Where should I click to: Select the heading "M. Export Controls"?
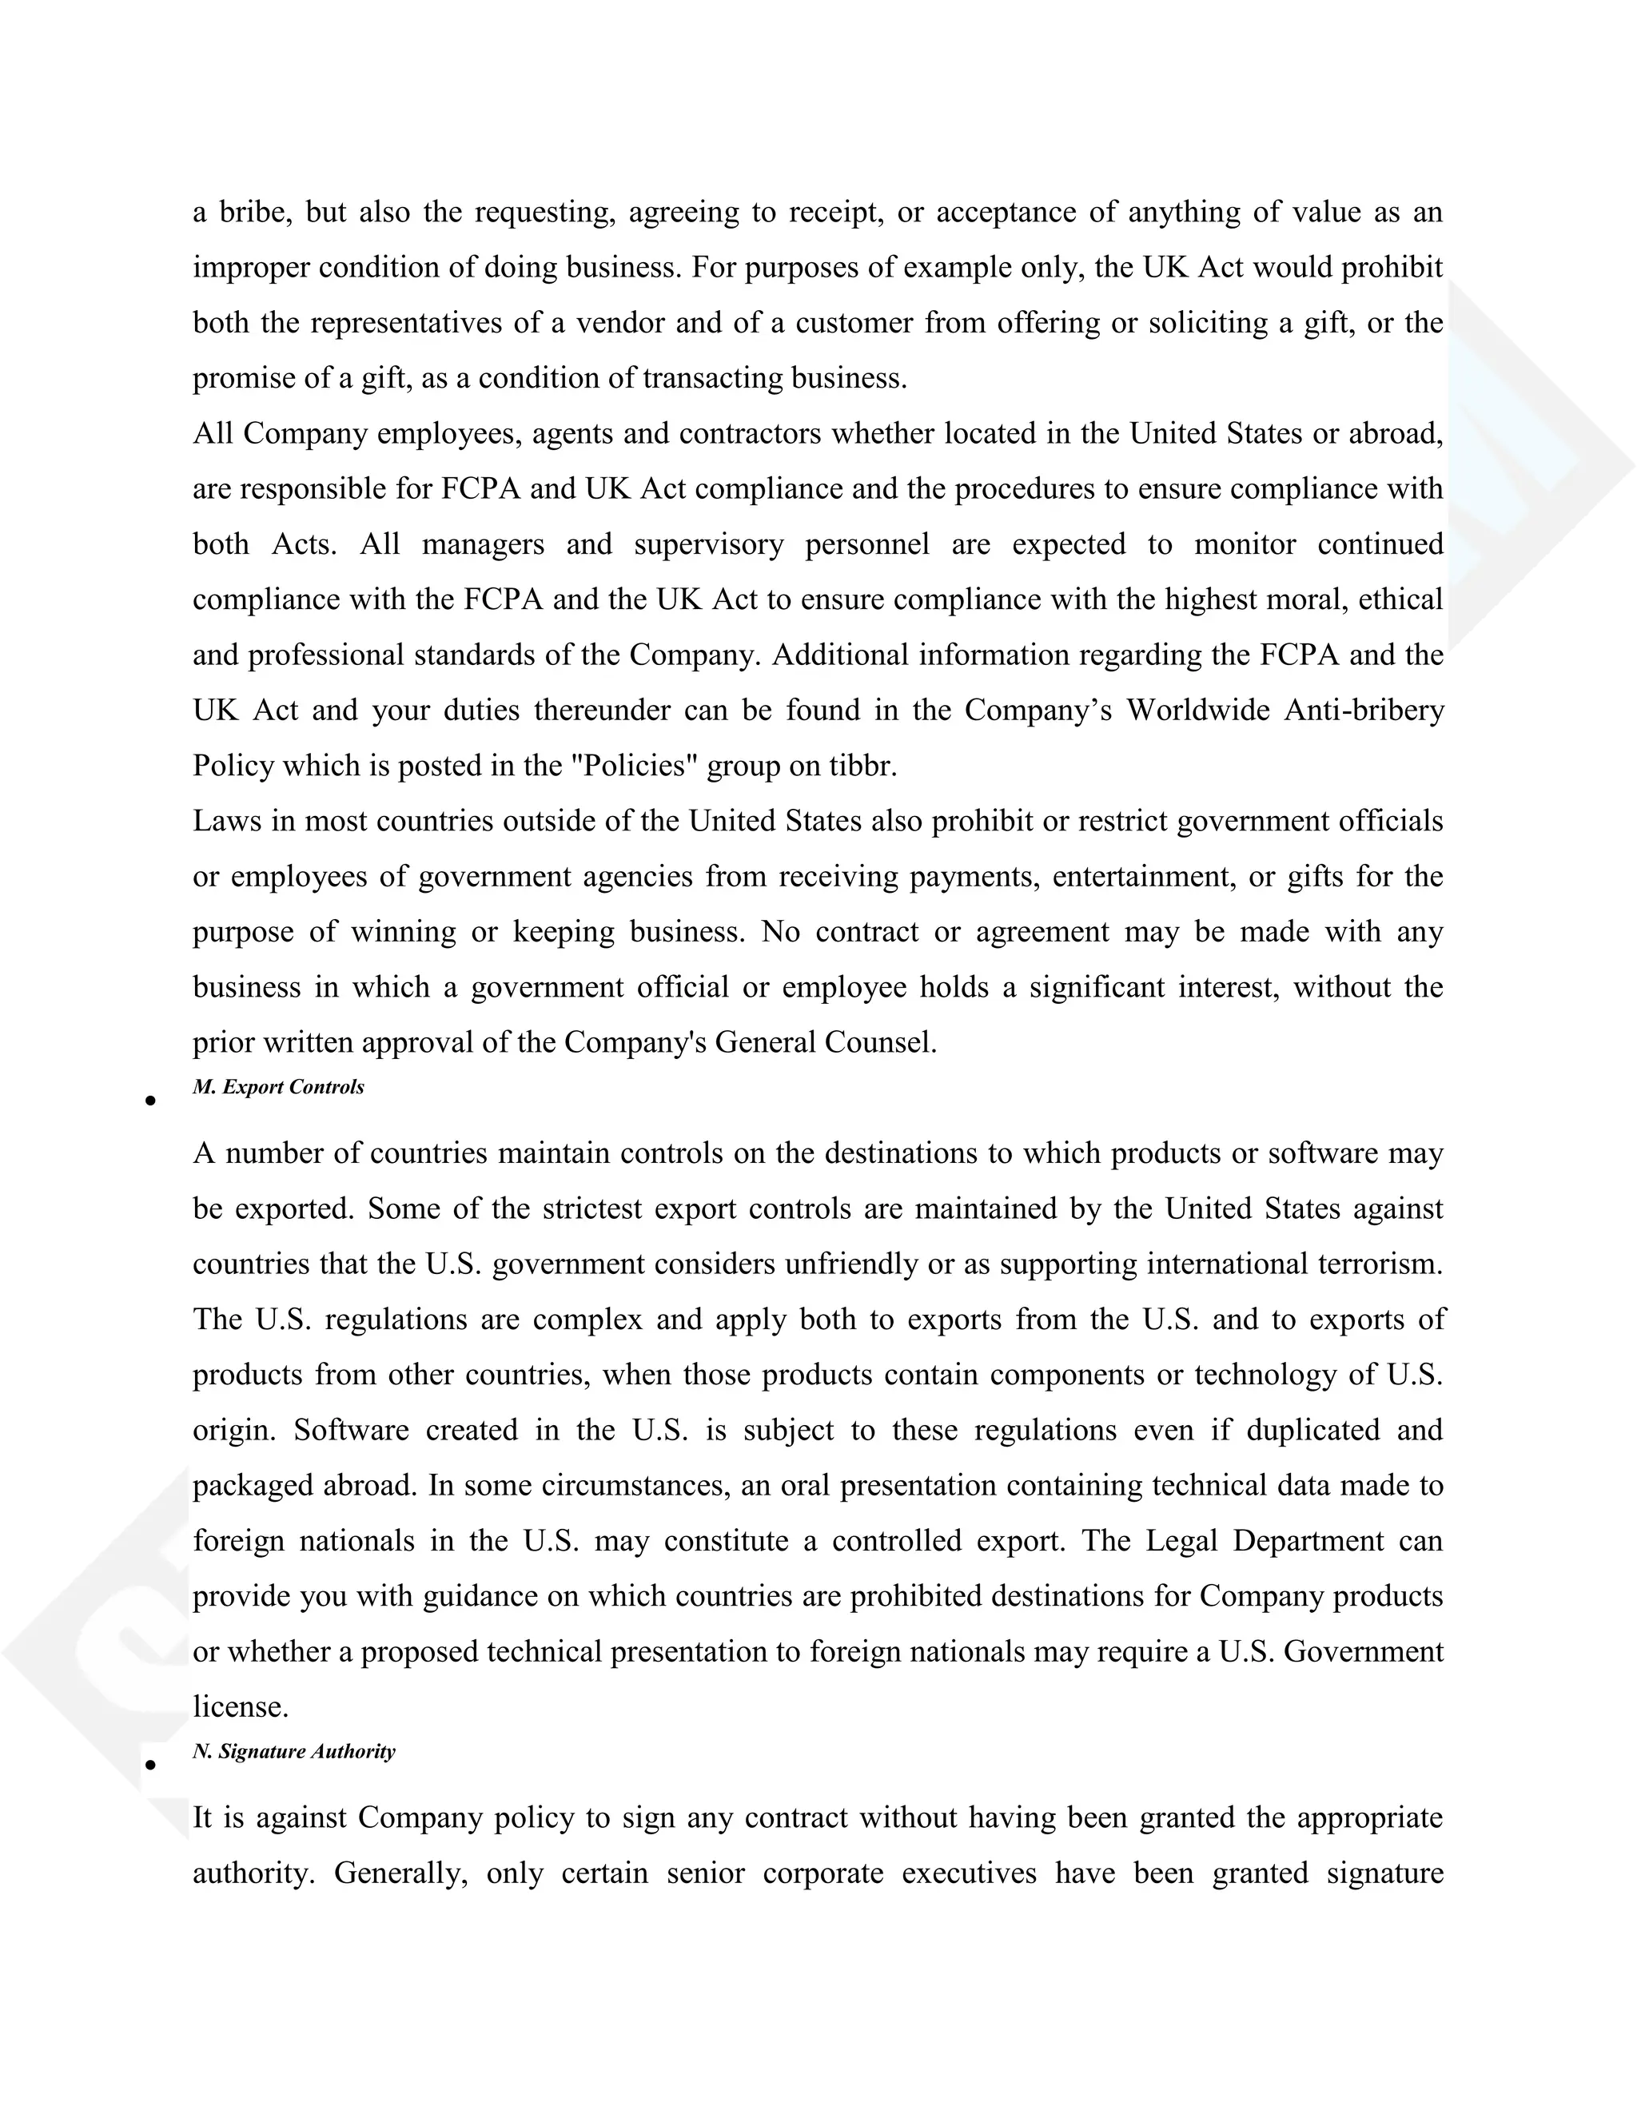point(278,1087)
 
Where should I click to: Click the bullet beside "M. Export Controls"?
point(150,1101)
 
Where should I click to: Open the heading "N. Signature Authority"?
point(294,1751)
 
